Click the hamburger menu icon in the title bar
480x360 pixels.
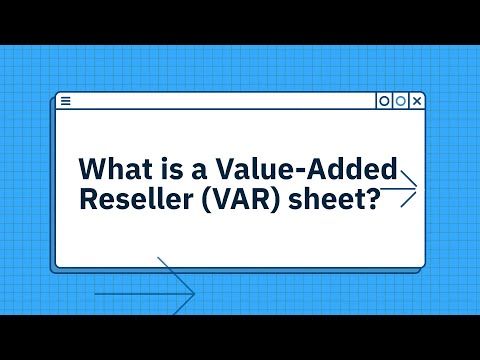click(66, 101)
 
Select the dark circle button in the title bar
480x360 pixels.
click(384, 101)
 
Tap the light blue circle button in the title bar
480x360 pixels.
click(401, 101)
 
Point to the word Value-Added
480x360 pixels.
click(321, 167)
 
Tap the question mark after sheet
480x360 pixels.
click(373, 199)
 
